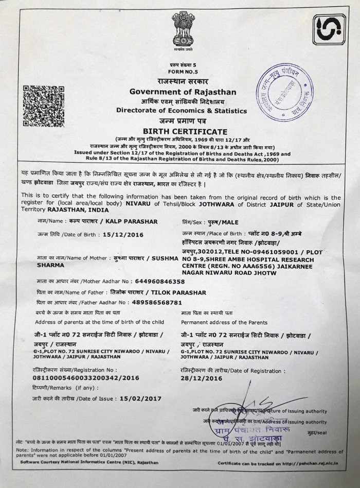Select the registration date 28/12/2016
pyautogui.click(x=202, y=378)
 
